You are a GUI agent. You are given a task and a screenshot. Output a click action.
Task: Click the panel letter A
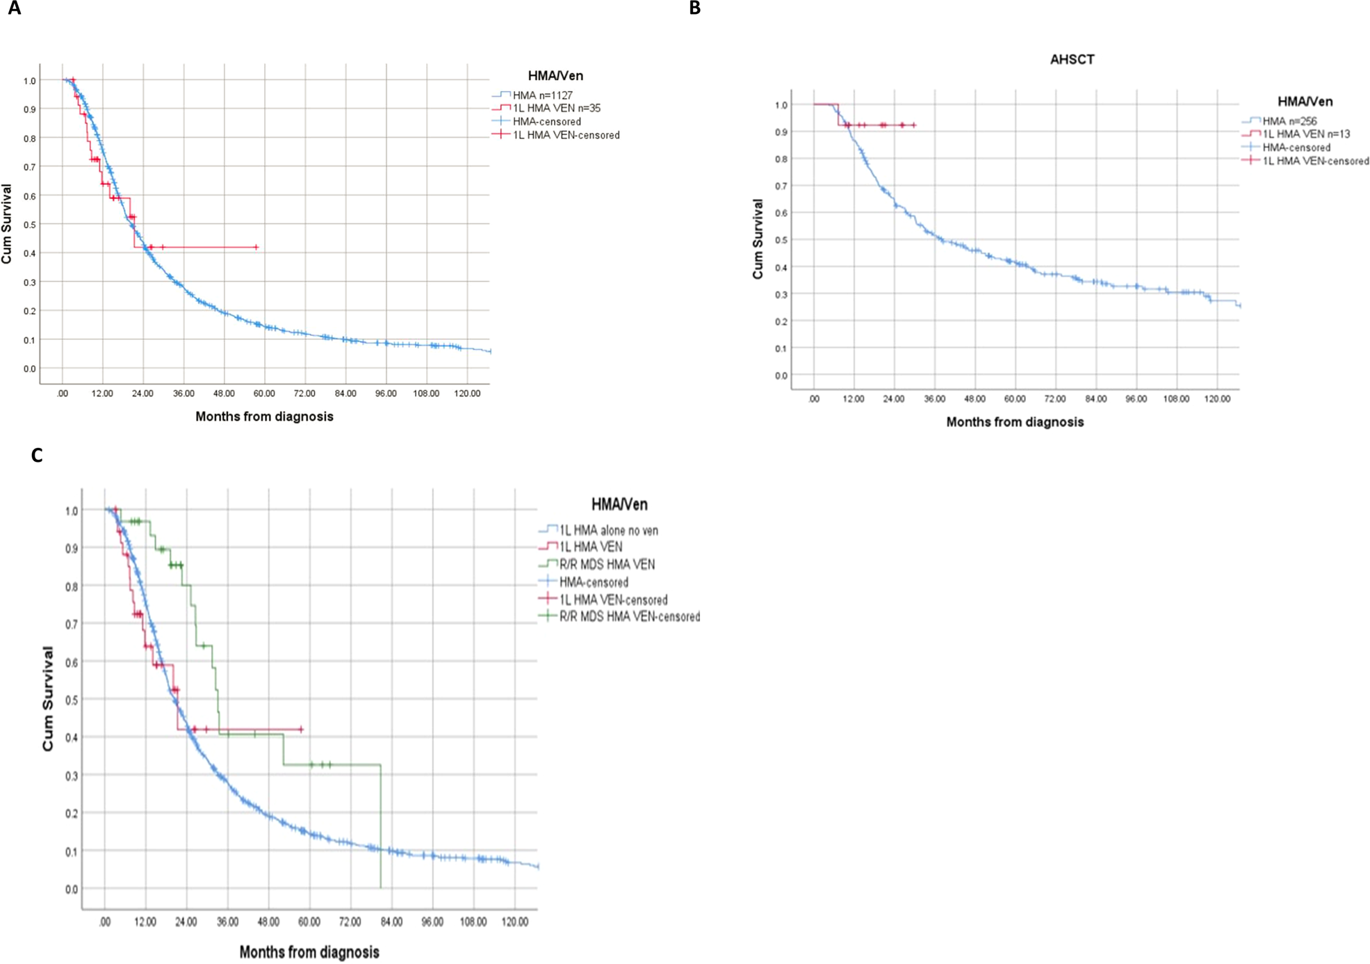coord(13,8)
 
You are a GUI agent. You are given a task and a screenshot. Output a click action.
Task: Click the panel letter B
coord(694,8)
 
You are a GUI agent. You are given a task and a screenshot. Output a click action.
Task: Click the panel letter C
coord(37,456)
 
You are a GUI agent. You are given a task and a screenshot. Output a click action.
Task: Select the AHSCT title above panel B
coord(1072,60)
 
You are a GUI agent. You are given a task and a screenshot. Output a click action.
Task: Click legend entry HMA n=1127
coord(542,95)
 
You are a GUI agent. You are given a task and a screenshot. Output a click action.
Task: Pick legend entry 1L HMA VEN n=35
coord(556,109)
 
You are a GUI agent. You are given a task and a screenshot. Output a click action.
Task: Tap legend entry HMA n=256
coord(1289,121)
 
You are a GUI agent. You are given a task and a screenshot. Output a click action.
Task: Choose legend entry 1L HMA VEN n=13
coord(1305,134)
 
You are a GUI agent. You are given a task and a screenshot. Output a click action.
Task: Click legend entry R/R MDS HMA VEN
coord(606,565)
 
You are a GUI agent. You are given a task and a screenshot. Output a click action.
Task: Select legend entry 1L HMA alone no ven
coord(608,531)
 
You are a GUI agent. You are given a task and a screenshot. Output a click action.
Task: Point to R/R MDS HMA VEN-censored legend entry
coord(629,617)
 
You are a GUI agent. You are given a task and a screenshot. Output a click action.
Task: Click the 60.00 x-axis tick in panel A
coord(264,394)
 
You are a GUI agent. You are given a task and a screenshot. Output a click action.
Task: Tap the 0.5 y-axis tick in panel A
coord(28,225)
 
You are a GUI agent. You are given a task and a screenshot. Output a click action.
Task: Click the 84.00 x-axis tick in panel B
coord(1095,399)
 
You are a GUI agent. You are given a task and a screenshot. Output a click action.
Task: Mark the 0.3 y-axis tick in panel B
coord(781,294)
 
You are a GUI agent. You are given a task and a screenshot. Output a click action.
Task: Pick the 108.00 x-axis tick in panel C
coord(473,922)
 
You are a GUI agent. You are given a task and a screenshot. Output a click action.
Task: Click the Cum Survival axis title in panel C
coord(48,698)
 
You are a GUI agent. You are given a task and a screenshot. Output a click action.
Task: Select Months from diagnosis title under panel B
coord(1014,422)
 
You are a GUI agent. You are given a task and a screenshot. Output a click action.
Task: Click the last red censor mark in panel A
coord(256,248)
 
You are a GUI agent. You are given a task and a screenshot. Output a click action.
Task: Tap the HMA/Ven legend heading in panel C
coord(619,504)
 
